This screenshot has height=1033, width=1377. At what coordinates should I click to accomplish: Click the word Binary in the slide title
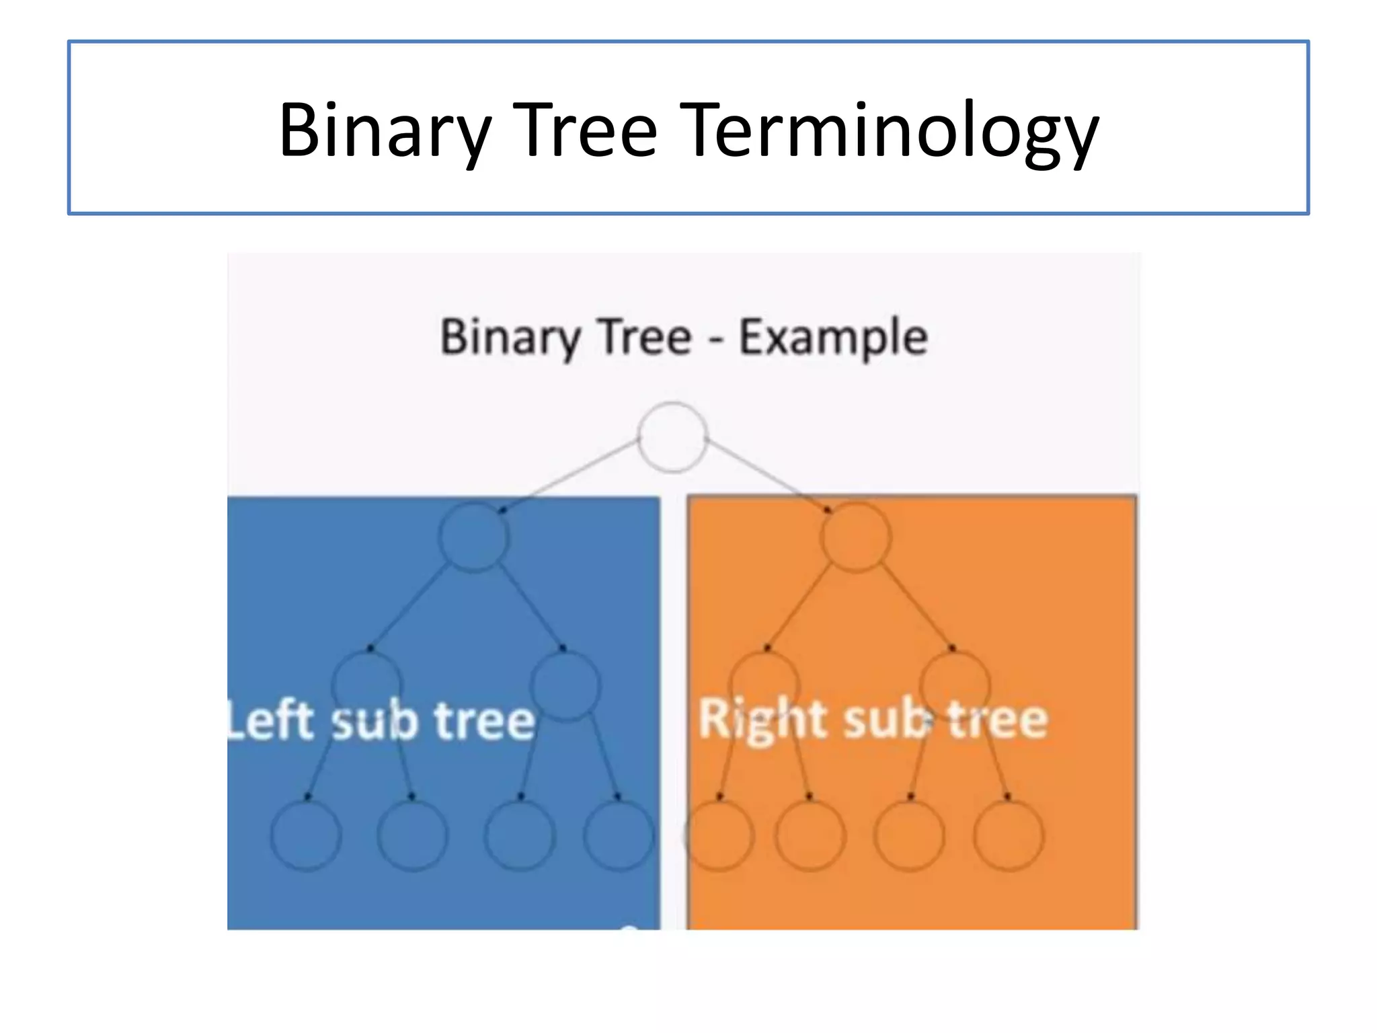pos(385,131)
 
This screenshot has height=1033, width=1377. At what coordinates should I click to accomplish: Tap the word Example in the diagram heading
pos(833,338)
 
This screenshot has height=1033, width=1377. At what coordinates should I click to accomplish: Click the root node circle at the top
pos(672,437)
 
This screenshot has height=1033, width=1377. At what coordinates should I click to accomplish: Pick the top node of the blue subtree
pos(473,537)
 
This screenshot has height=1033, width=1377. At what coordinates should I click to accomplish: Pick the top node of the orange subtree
pos(855,537)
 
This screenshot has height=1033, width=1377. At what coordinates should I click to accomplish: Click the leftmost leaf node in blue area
pos(306,835)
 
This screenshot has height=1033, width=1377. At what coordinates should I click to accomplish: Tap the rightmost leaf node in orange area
pos(1009,835)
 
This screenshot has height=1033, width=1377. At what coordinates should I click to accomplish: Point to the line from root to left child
pos(572,474)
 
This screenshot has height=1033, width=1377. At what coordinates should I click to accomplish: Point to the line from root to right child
pos(766,474)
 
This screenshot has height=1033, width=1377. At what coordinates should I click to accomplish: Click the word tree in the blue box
pos(484,721)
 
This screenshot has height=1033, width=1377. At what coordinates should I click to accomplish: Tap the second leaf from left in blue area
pos(411,835)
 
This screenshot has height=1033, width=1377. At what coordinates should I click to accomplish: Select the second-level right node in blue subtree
pos(565,686)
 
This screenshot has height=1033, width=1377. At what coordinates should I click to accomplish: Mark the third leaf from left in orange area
pos(909,835)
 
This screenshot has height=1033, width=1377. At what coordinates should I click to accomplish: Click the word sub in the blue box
pos(375,721)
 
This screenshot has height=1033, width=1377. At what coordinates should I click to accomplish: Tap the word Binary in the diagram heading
pos(509,338)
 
